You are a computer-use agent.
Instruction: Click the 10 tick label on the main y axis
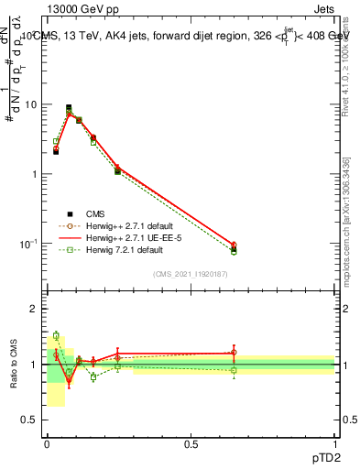pos(30,104)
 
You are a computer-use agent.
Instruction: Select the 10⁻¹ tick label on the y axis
pos(27,244)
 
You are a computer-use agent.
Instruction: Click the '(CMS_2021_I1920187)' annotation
pos(191,274)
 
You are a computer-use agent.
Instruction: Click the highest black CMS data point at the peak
pos(69,108)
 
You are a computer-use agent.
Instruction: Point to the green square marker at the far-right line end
pos(234,252)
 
